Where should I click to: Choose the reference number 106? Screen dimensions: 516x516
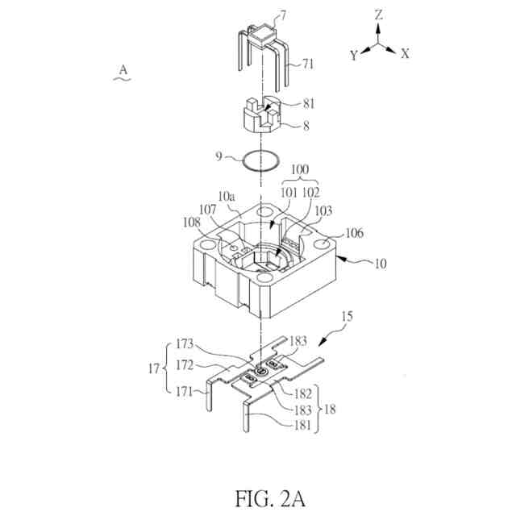(354, 233)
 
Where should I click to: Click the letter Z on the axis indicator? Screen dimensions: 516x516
(378, 15)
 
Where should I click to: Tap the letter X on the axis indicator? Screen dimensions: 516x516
(405, 54)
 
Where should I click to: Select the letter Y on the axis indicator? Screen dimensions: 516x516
(353, 54)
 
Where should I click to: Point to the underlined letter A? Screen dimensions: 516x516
(123, 71)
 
